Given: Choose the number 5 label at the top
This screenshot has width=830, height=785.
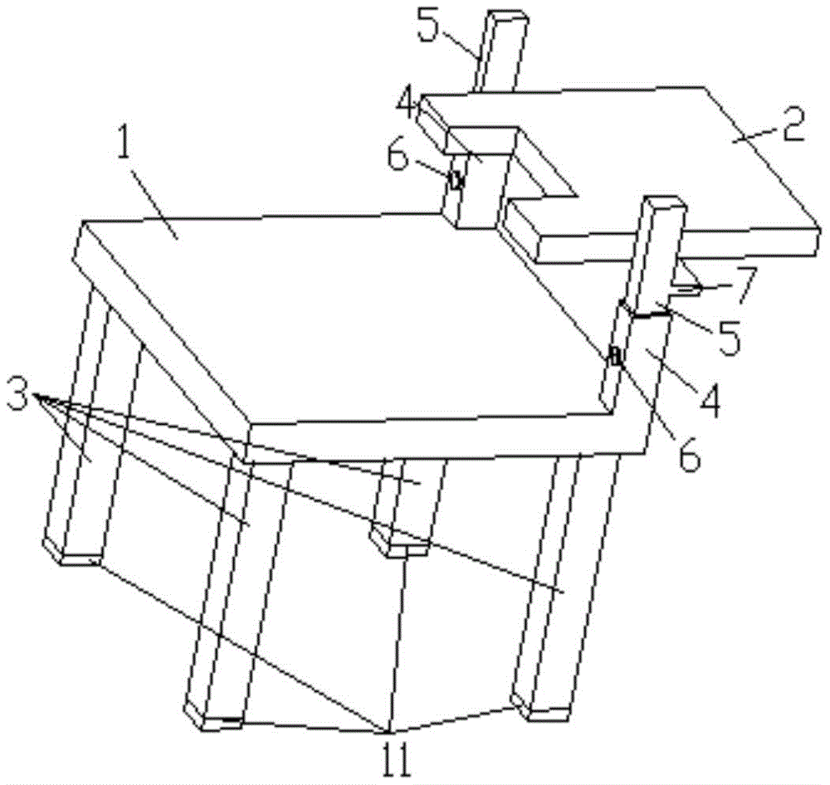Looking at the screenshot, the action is tap(429, 26).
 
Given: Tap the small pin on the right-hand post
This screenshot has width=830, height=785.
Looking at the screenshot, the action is tap(616, 356).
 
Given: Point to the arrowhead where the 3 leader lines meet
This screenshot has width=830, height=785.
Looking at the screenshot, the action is tap(35, 395).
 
